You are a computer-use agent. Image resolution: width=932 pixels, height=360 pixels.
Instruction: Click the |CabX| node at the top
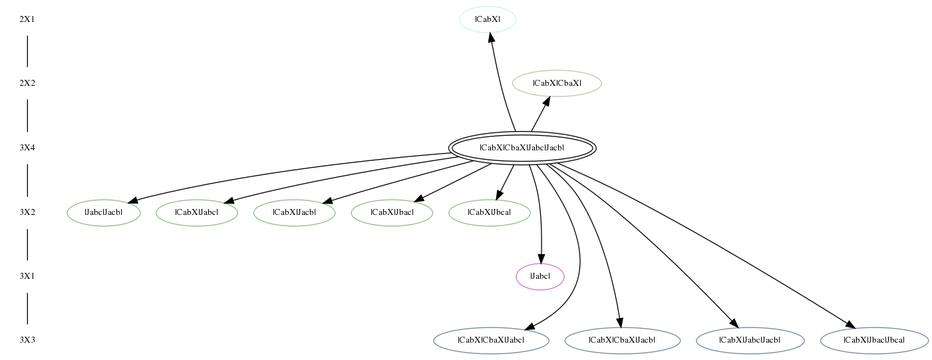click(x=488, y=19)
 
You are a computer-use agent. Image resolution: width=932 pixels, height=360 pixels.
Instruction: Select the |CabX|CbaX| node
click(x=557, y=83)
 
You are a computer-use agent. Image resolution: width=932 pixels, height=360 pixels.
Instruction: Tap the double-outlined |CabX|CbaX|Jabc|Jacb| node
click(x=522, y=148)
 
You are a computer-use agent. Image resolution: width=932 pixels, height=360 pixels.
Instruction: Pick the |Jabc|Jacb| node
click(x=104, y=213)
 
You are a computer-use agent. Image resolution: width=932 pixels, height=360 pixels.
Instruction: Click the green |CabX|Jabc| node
click(x=197, y=213)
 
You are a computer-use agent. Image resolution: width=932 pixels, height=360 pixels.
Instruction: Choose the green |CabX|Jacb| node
click(x=294, y=213)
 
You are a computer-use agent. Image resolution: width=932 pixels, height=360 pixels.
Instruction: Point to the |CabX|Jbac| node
click(x=392, y=213)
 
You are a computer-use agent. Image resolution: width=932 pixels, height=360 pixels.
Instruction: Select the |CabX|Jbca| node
click(x=490, y=213)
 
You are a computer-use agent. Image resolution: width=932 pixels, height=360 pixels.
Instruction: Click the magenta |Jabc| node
click(x=540, y=276)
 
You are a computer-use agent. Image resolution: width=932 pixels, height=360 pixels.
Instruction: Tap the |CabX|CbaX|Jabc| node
click(x=491, y=341)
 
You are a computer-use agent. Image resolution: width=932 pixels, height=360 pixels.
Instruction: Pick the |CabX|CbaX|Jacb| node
click(x=622, y=341)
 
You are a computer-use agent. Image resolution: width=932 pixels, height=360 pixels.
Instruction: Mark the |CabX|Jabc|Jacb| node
click(x=750, y=341)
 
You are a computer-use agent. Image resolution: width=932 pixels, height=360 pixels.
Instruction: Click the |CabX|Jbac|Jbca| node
click(x=874, y=341)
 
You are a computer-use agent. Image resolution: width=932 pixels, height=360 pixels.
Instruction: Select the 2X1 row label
click(x=27, y=19)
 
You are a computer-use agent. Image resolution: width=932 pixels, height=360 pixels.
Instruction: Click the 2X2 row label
click(x=27, y=83)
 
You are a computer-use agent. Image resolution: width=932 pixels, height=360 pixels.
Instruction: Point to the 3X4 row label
click(x=27, y=148)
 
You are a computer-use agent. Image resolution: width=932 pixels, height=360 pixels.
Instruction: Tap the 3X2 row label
click(x=27, y=213)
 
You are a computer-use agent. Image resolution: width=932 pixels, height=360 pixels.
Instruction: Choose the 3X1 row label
click(x=27, y=276)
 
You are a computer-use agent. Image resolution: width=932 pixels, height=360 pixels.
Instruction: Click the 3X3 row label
click(x=27, y=341)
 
